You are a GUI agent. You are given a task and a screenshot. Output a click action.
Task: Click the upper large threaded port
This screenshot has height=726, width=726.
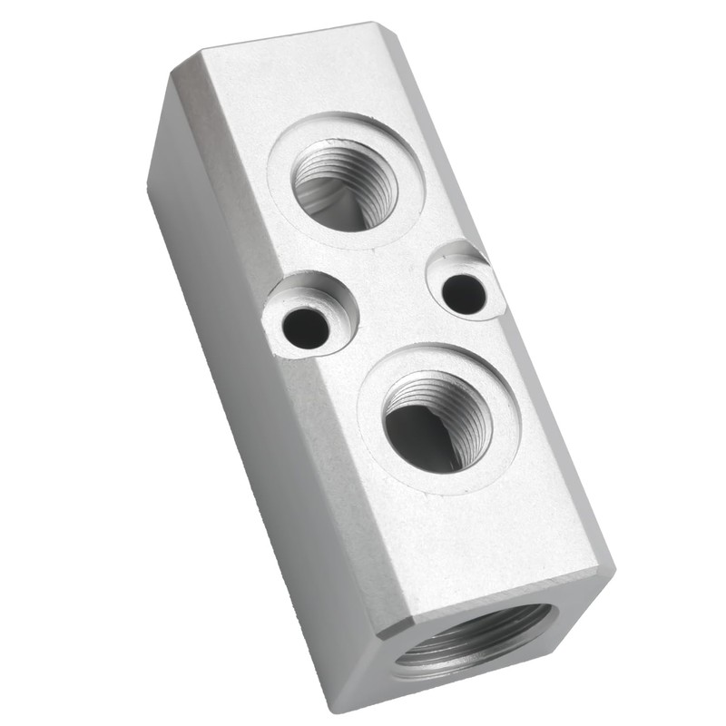coord(345,183)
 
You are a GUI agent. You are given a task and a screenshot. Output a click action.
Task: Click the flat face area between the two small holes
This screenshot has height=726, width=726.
coord(386,299)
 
